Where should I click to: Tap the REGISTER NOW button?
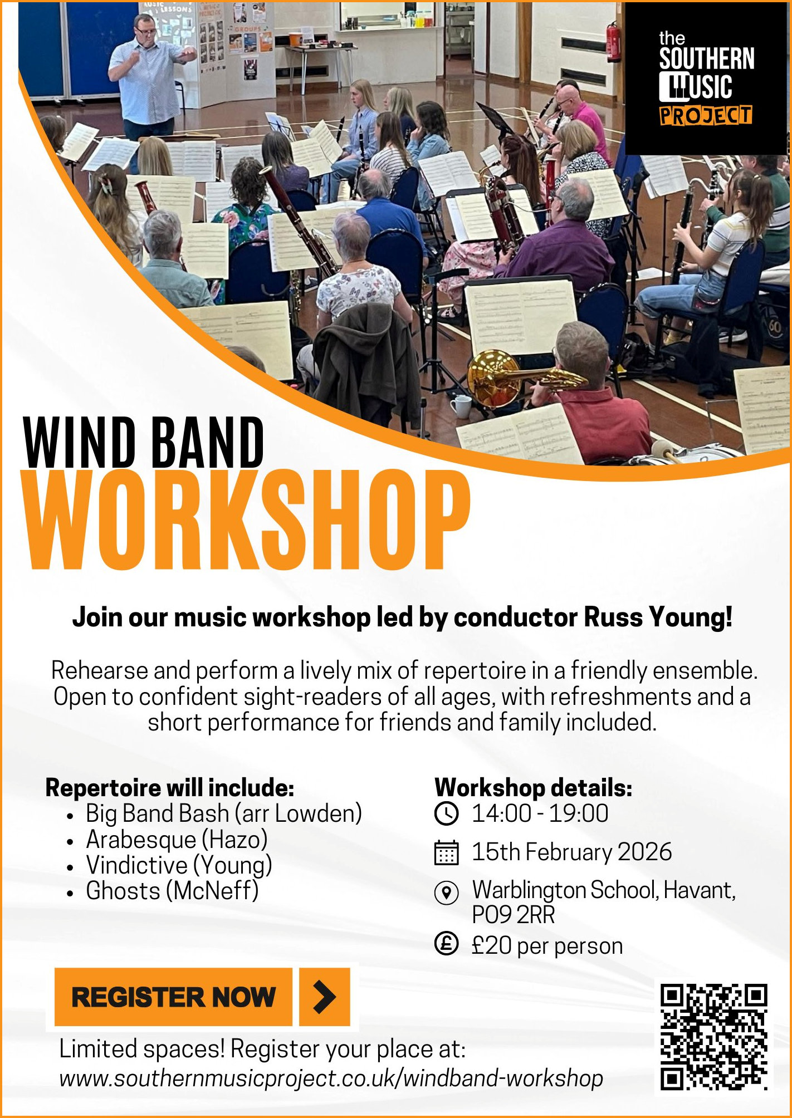pos(173,997)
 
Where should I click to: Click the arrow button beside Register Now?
pos(325,997)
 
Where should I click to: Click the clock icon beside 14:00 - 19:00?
pos(446,813)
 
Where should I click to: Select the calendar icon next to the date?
pos(446,852)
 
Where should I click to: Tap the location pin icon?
pos(446,893)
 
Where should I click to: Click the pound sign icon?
pos(446,944)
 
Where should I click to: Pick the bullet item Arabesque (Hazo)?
pos(177,840)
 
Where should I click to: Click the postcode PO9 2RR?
pos(514,915)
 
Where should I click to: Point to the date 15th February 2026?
pos(572,852)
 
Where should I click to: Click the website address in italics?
pos(331,1078)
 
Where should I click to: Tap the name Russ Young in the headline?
pos(658,618)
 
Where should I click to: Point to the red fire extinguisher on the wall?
pos(613,42)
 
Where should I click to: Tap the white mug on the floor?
pos(461,407)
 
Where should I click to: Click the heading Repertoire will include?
pos(170,788)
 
